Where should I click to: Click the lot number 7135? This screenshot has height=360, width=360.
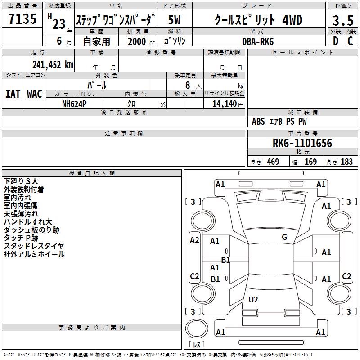[22, 18]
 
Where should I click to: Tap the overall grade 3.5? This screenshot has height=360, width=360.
[343, 20]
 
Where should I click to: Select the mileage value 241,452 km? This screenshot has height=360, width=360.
[53, 65]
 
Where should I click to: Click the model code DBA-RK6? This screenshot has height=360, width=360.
[258, 41]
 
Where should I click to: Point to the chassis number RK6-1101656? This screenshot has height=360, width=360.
[302, 143]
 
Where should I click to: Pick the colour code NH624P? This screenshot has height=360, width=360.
[74, 104]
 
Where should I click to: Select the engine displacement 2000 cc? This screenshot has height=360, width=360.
[141, 41]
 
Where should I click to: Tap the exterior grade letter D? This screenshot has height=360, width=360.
[336, 41]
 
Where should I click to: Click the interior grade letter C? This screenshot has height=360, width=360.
[350, 41]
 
